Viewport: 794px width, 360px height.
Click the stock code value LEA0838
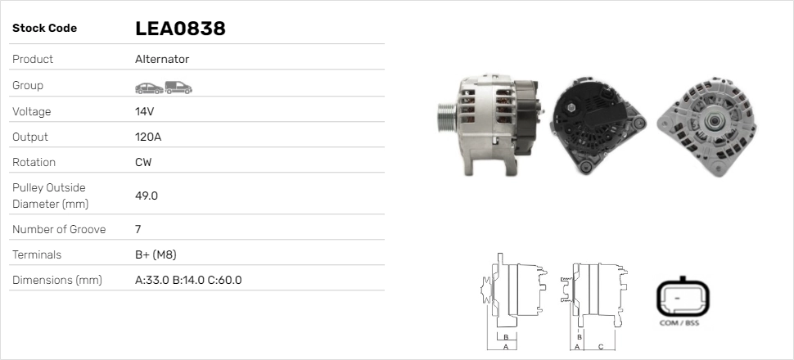pyautogui.click(x=180, y=29)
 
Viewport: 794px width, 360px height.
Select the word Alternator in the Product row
pyautogui.click(x=162, y=59)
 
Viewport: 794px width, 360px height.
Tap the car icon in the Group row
pyautogui.click(x=149, y=88)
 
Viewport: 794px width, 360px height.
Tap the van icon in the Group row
pyautogui.click(x=178, y=88)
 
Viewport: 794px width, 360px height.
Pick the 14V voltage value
pyautogui.click(x=144, y=111)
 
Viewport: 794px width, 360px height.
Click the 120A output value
pyautogui.click(x=148, y=137)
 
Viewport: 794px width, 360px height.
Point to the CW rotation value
pyautogui.click(x=143, y=162)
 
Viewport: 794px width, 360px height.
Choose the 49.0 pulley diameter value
pyautogui.click(x=147, y=196)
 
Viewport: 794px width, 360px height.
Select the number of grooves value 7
pyautogui.click(x=138, y=229)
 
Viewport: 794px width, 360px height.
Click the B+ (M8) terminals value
pyautogui.click(x=156, y=254)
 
